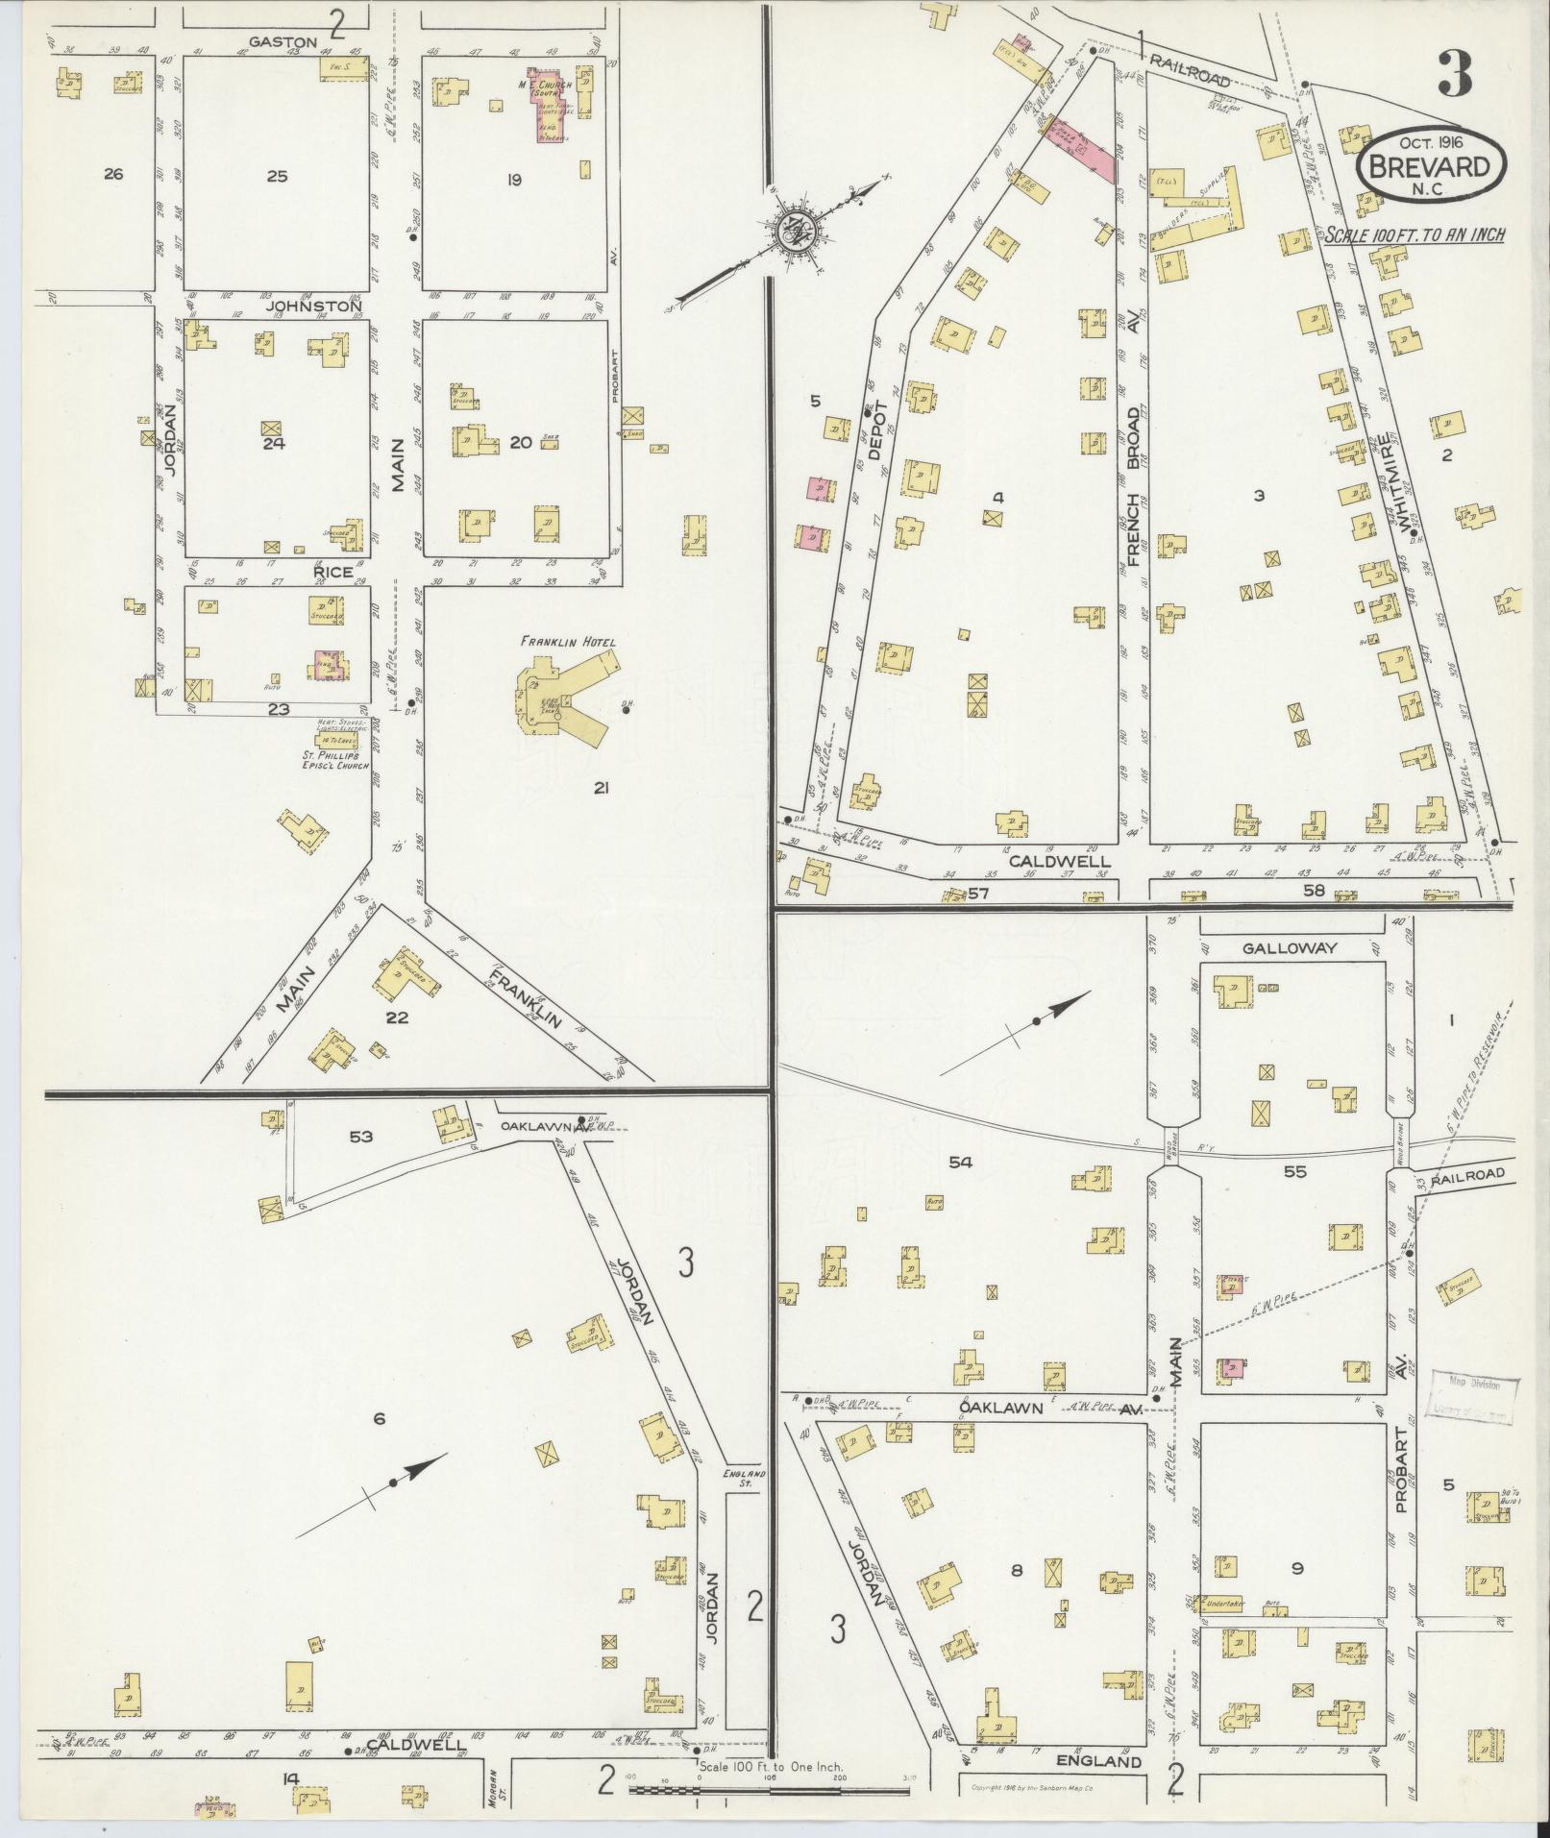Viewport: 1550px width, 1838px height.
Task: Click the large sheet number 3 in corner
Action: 1455,74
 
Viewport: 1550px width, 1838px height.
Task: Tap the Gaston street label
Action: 282,42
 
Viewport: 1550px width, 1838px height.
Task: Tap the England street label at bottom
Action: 1098,1761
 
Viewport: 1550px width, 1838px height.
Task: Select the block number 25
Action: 277,177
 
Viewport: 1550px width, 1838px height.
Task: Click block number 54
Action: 960,1163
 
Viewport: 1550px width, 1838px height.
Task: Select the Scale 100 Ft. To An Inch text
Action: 1414,233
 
